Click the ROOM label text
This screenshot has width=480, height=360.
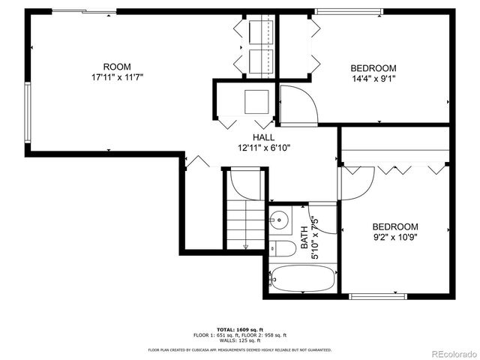click(x=116, y=66)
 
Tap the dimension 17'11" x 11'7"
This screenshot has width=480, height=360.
click(x=116, y=76)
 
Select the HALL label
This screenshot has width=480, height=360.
click(x=263, y=137)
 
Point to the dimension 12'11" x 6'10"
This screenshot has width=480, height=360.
click(x=263, y=148)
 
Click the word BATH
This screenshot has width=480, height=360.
click(x=304, y=237)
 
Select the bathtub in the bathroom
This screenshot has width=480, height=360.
click(x=298, y=279)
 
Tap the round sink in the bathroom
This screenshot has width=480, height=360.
click(x=278, y=220)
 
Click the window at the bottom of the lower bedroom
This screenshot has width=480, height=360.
click(x=378, y=297)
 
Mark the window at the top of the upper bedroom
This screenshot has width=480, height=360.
click(x=340, y=11)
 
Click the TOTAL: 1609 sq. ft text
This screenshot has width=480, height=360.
click(x=239, y=329)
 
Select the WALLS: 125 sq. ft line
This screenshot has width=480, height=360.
click(x=239, y=340)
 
